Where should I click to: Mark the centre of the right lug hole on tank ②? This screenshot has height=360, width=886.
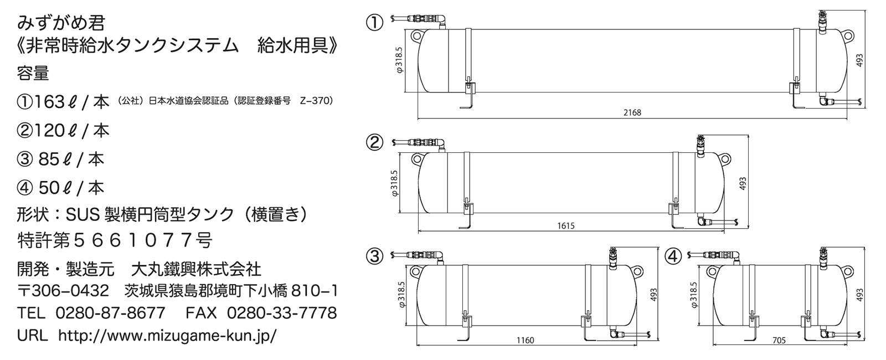[725, 160]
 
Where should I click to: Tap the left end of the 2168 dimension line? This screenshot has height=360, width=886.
[418, 119]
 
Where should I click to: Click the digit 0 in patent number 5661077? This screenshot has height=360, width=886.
[151, 240]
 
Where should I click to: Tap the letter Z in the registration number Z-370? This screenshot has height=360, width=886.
[303, 101]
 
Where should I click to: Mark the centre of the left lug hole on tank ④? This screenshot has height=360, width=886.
[712, 271]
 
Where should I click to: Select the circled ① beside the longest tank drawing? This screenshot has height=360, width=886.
[374, 23]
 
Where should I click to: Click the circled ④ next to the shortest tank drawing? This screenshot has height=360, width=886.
[673, 256]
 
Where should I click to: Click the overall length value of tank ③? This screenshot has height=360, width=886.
[525, 340]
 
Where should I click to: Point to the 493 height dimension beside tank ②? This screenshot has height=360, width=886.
[743, 183]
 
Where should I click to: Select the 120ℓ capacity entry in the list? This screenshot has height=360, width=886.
[63, 131]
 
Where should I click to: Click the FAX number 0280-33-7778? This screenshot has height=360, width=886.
[282, 313]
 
